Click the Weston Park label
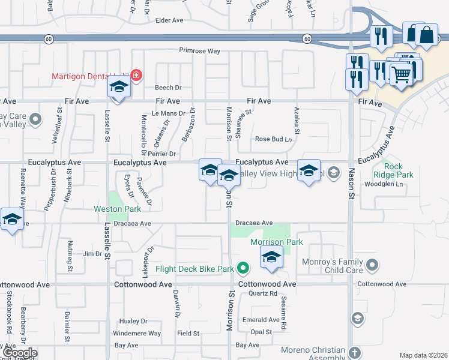(117, 209)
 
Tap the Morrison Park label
(277, 242)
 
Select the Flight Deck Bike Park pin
(243, 268)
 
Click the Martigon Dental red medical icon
(136, 76)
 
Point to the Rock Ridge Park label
(399, 170)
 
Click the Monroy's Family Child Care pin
(373, 265)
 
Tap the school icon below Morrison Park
(271, 257)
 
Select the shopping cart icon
(401, 74)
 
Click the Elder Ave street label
(169, 20)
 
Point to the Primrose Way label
(196, 51)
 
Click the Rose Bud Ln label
(273, 139)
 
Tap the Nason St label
(350, 180)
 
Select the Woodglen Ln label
(386, 184)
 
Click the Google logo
(20, 353)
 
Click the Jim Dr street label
(92, 254)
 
